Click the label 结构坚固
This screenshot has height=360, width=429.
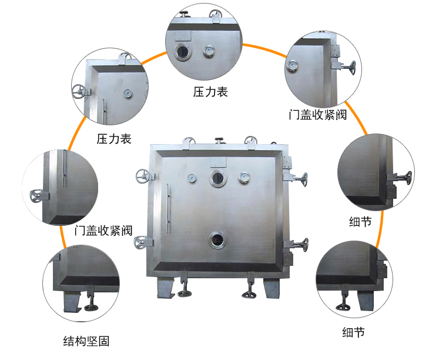click(86, 341)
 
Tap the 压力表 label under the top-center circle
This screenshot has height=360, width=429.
click(210, 92)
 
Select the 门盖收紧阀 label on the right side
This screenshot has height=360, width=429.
click(318, 115)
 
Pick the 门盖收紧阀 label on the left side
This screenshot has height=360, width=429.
click(103, 231)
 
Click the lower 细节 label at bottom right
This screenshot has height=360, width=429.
click(354, 332)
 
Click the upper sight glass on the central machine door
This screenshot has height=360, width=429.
click(218, 178)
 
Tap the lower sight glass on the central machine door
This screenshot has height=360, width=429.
click(218, 240)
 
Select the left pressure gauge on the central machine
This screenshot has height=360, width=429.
click(192, 178)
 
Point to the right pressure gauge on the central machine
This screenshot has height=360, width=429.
click(244, 178)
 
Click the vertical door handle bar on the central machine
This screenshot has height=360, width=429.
click(168, 209)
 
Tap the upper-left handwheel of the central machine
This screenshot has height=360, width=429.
click(143, 176)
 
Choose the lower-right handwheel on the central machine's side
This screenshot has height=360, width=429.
click(304, 245)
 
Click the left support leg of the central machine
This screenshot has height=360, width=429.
click(166, 287)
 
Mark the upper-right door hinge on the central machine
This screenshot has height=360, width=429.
click(287, 162)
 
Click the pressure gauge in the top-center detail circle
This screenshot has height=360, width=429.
click(209, 51)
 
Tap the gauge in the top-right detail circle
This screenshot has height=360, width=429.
click(292, 66)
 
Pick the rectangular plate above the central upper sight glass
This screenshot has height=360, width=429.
click(218, 162)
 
